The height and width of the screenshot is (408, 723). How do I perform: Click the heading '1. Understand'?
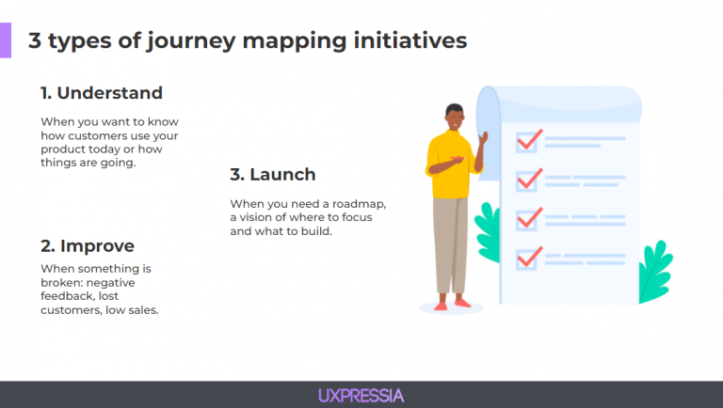click(x=101, y=93)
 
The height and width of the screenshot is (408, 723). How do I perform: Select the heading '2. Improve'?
click(x=87, y=246)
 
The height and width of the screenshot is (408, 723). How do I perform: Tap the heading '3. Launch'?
click(x=272, y=174)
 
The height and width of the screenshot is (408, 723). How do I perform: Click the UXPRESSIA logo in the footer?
click(x=361, y=395)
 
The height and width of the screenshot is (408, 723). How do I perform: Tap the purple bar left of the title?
click(x=6, y=41)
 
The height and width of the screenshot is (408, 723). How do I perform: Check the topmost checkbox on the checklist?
click(x=526, y=141)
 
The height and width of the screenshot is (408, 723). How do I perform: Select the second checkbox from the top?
click(x=526, y=180)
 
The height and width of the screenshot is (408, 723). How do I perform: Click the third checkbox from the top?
click(x=526, y=219)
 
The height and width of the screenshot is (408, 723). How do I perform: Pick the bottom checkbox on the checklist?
click(x=526, y=257)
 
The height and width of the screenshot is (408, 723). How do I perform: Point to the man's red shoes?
click(x=451, y=303)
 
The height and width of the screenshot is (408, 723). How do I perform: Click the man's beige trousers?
click(x=449, y=244)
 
